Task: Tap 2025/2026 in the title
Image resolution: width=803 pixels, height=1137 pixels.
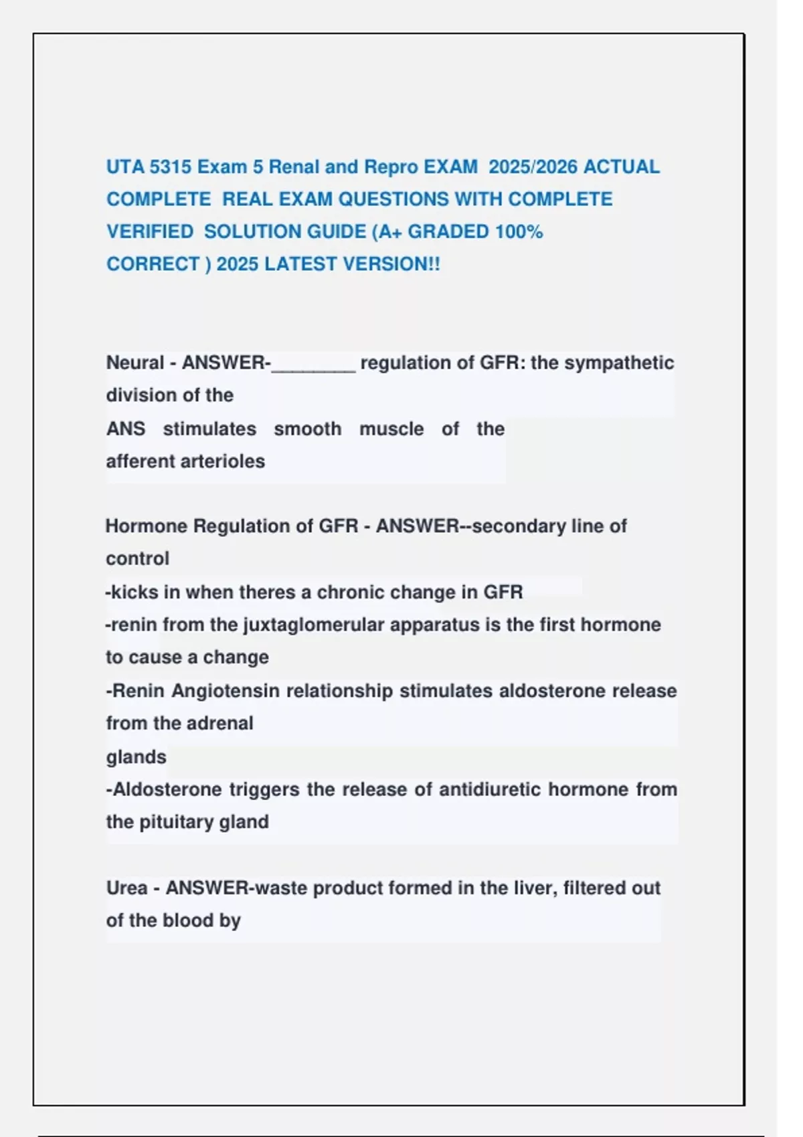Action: pyautogui.click(x=533, y=167)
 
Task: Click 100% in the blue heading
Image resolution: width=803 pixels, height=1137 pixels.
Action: pyautogui.click(x=519, y=231)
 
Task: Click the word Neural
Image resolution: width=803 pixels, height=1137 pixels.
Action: pyautogui.click(x=135, y=363)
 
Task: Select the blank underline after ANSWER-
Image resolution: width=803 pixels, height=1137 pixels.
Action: pyautogui.click(x=313, y=365)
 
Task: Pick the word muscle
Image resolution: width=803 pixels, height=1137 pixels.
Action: pyautogui.click(x=391, y=429)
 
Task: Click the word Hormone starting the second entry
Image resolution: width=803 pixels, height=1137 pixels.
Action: pyautogui.click(x=146, y=526)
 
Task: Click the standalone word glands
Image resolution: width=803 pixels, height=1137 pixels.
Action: pyautogui.click(x=136, y=757)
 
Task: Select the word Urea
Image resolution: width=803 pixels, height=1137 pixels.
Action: pyautogui.click(x=126, y=888)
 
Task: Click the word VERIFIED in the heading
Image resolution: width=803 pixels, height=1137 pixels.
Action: pyautogui.click(x=149, y=231)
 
